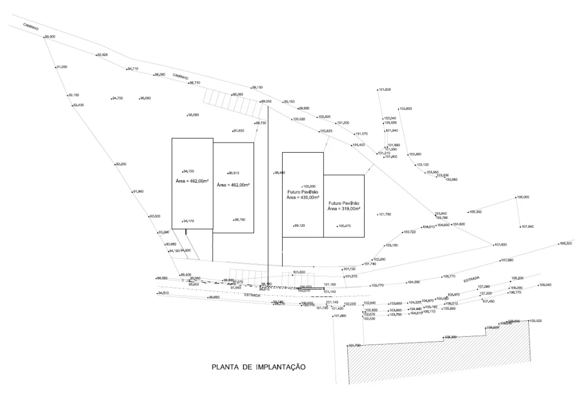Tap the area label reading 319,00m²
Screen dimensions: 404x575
click(344, 208)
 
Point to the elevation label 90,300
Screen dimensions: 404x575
click(49, 37)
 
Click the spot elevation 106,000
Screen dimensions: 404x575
click(523, 198)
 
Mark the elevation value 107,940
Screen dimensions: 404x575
click(527, 227)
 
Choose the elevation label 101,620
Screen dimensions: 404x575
click(385, 90)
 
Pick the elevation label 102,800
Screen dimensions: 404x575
click(405, 108)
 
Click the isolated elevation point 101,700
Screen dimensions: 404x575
click(384, 214)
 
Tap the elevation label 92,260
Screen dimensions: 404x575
click(121, 164)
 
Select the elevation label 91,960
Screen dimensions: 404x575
click(138, 192)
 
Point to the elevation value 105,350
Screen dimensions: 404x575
click(475, 212)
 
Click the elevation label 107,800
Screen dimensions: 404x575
click(500, 245)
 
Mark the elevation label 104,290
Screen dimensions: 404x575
click(414, 282)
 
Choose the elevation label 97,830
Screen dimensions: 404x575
click(238, 131)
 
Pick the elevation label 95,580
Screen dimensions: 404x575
click(193, 115)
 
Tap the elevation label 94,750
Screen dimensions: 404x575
click(117, 98)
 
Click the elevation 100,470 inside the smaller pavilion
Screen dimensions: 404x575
click(344, 226)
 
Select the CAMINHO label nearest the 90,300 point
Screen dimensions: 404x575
click(30, 27)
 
